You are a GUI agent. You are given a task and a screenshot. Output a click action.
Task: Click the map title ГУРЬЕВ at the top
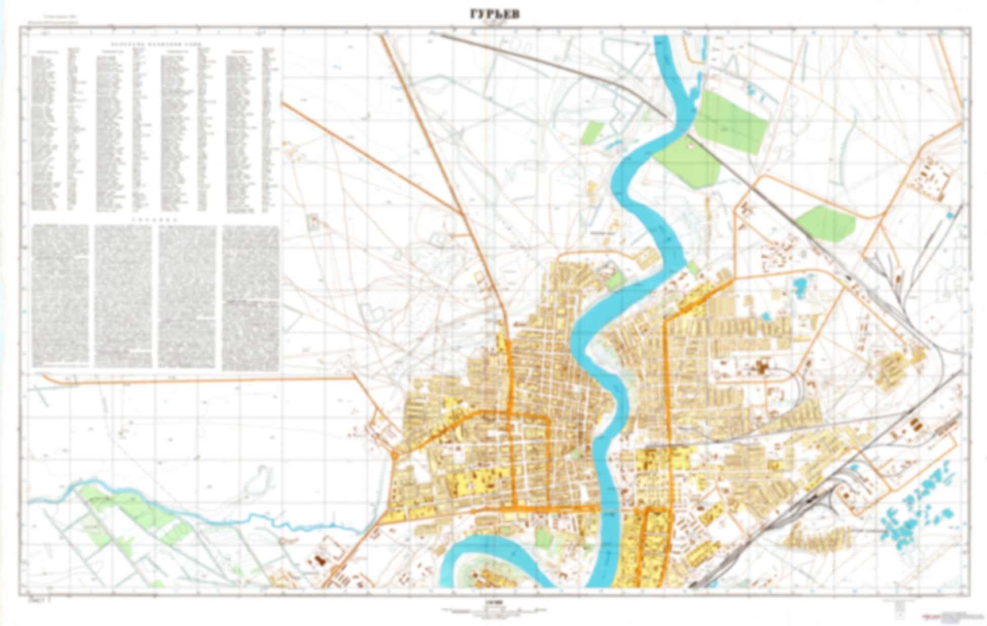[x=494, y=15]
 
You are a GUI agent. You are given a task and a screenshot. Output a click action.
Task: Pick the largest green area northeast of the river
[x=730, y=122]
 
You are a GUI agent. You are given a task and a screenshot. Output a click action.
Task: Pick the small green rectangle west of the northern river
[x=592, y=132]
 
